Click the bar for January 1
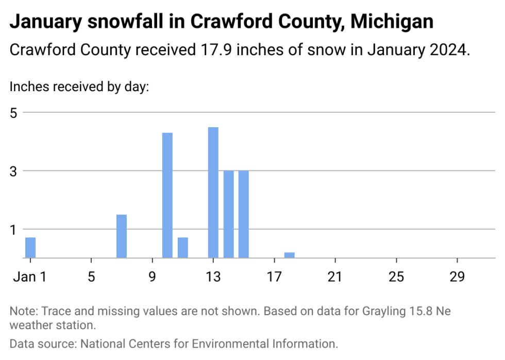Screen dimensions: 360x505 30,248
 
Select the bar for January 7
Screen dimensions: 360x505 122,236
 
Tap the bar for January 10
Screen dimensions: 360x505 167,195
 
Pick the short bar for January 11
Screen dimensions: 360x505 183,248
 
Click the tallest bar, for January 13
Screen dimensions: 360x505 213,193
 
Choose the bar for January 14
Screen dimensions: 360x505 229,214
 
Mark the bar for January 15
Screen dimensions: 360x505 244,214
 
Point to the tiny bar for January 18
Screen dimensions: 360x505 290,255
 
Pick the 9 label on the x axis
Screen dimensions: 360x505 153,277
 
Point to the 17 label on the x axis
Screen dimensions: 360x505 274,277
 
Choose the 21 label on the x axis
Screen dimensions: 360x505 335,277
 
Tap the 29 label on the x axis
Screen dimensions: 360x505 457,277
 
